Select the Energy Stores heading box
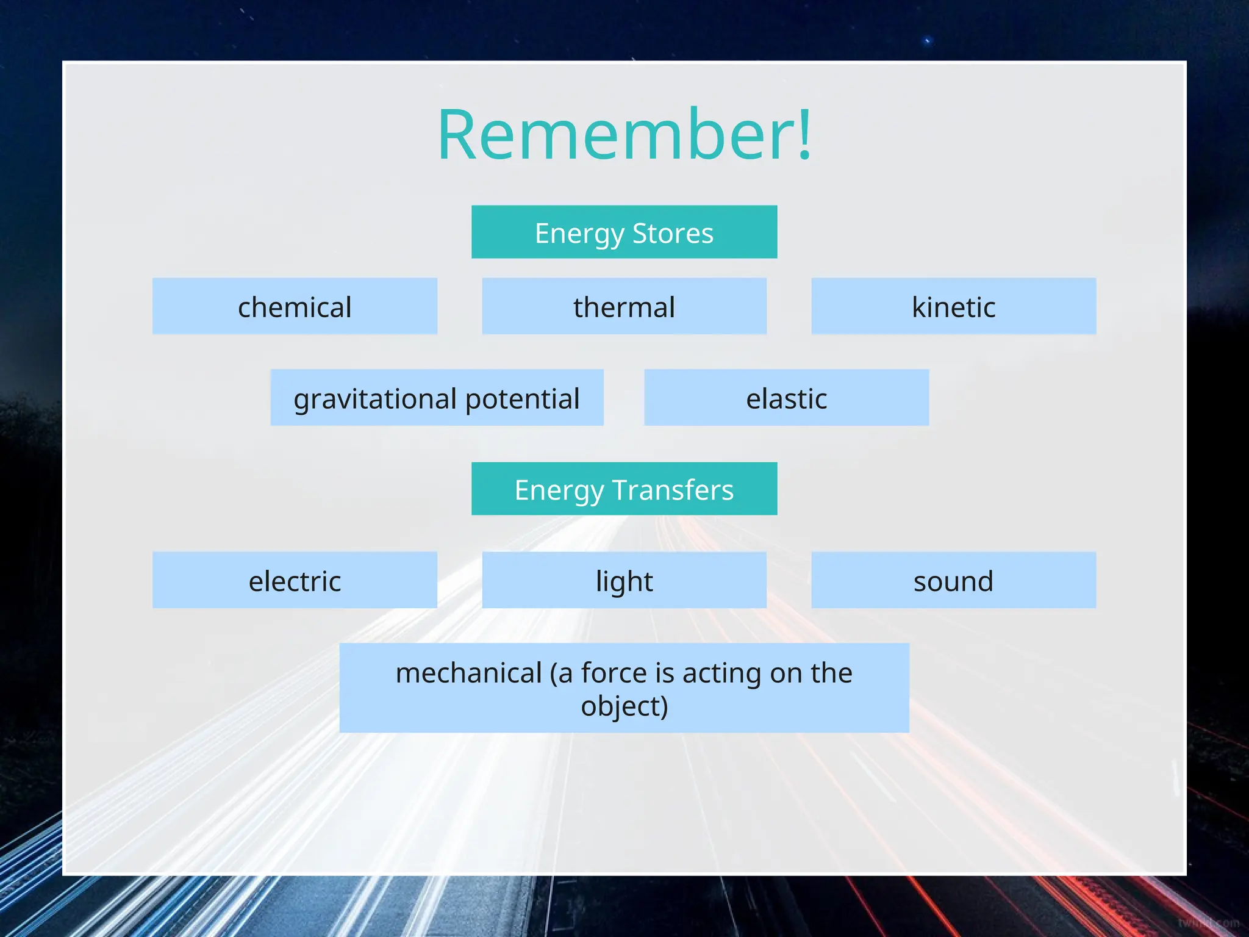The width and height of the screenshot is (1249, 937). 624,232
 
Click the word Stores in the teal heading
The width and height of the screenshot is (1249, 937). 673,233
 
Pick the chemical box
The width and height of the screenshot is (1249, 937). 295,306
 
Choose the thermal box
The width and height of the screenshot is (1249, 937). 624,306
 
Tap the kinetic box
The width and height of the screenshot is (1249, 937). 953,306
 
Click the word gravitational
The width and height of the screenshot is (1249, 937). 375,399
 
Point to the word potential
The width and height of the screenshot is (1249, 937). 522,399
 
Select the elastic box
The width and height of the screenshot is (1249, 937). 786,398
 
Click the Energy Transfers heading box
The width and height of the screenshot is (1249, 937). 624,489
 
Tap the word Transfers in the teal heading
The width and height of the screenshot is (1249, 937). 673,490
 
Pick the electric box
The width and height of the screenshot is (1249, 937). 295,580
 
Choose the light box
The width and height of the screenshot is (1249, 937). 624,580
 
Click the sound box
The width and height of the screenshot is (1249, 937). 953,580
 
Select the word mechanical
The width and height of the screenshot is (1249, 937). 468,673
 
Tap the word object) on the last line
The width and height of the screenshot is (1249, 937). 624,706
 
